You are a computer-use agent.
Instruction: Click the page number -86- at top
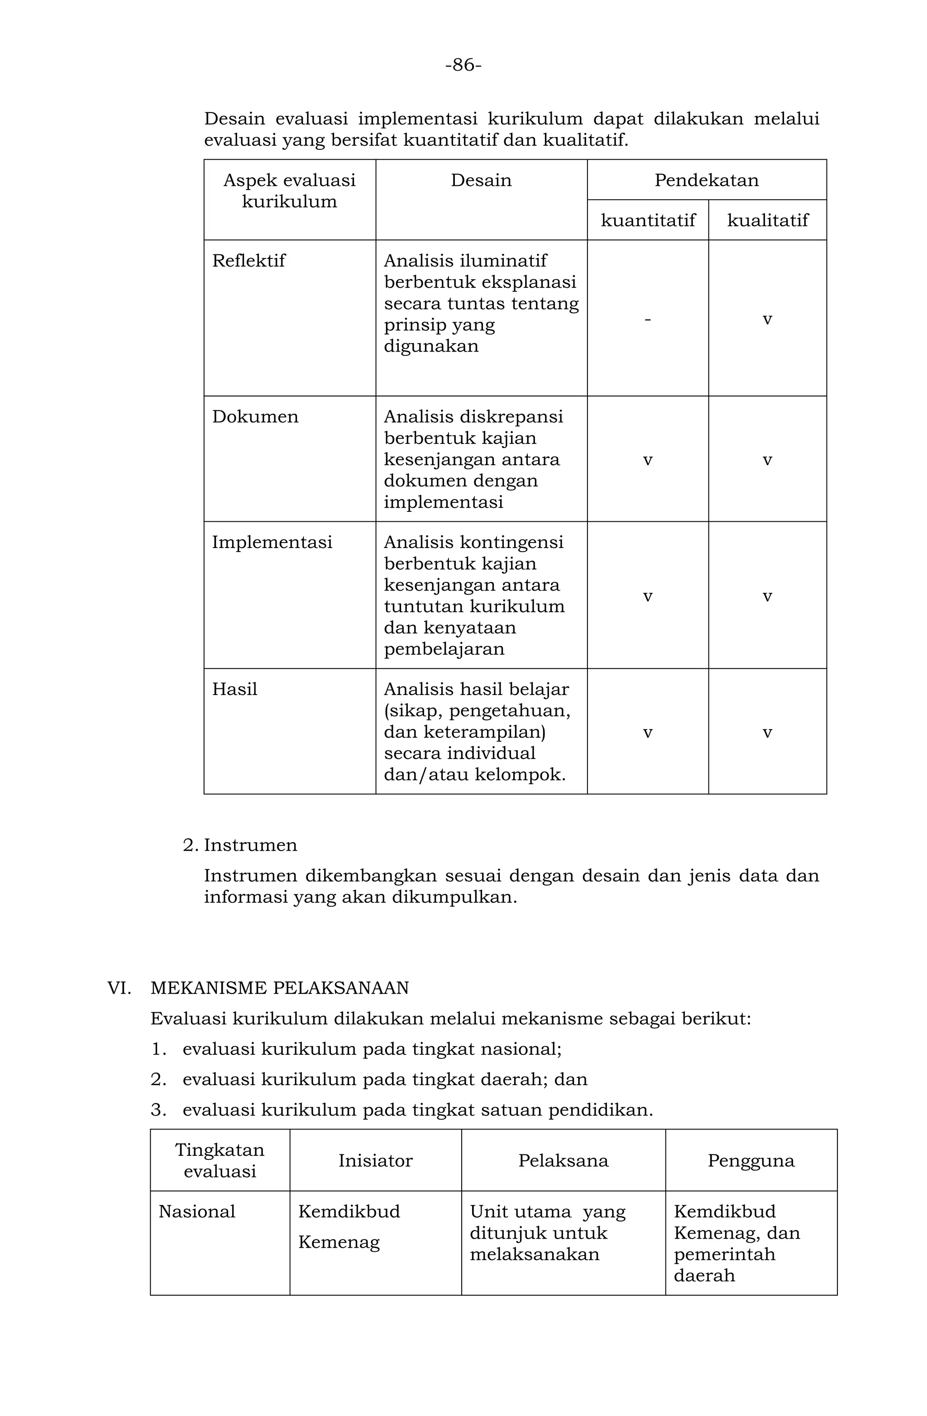463,65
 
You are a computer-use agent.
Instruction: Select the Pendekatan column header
706,180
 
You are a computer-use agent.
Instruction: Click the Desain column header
481,180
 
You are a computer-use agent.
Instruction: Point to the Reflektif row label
248,261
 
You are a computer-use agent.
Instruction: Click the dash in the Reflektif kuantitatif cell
647,319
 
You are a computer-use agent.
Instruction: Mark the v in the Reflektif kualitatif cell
767,320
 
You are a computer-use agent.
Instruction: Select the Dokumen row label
255,416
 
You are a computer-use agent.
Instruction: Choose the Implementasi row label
272,542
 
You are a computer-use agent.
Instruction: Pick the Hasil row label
234,689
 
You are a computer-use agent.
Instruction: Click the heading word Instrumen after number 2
250,845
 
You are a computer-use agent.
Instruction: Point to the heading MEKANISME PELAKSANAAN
280,987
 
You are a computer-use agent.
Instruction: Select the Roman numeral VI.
119,987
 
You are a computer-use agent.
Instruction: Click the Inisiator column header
375,1160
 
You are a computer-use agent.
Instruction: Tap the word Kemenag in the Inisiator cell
339,1242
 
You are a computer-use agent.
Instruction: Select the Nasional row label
197,1211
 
